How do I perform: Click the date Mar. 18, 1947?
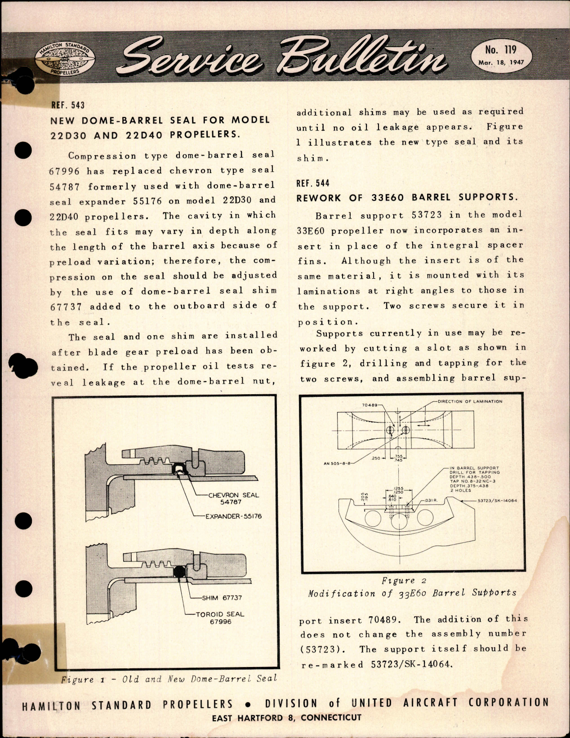pos(501,62)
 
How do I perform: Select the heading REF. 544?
pos(312,183)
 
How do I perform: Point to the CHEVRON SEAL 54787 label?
pos(233,498)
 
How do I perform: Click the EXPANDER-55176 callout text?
pos(233,516)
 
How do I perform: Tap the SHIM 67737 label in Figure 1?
pos(222,597)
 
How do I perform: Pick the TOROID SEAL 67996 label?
pos(220,618)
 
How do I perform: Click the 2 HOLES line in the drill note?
pos(460,490)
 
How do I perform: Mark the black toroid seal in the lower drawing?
pos(180,571)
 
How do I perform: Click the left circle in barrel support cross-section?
pos(374,520)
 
